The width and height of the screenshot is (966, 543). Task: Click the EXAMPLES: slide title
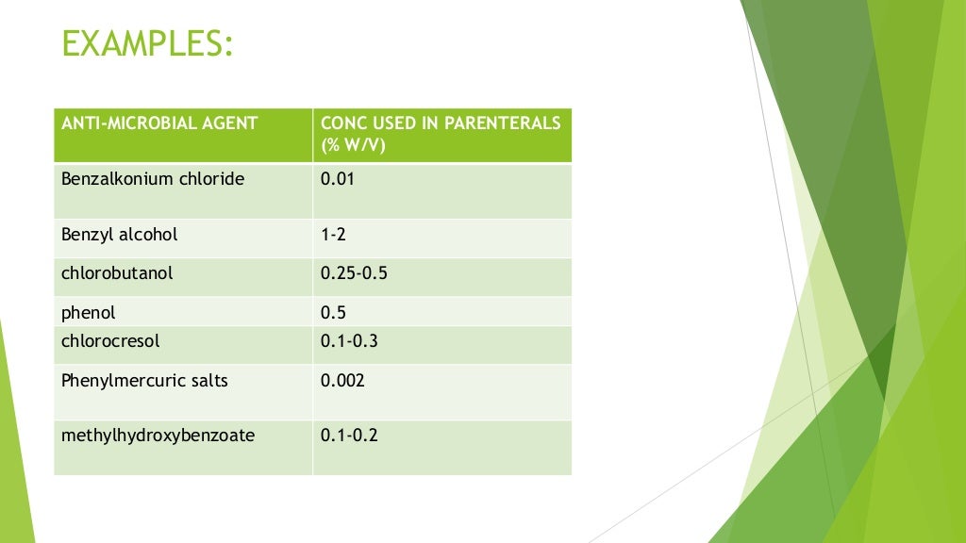click(x=147, y=43)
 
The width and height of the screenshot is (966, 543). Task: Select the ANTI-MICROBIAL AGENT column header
click(x=159, y=123)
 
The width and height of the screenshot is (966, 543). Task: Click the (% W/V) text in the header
click(x=353, y=145)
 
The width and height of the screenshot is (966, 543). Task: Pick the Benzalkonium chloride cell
click(x=153, y=179)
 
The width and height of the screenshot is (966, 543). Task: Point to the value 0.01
click(x=337, y=179)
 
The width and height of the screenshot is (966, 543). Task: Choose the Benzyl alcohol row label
click(x=120, y=235)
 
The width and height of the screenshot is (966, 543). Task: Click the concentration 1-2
click(x=333, y=235)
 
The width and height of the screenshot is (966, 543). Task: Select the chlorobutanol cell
click(x=117, y=274)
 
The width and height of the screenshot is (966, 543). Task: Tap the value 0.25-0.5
click(x=354, y=274)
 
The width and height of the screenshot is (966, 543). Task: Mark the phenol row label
click(x=89, y=312)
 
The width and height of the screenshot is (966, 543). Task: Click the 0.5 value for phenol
click(x=332, y=312)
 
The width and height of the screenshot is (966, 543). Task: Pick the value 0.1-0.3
click(x=349, y=341)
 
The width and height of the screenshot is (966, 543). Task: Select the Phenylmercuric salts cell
click(x=144, y=381)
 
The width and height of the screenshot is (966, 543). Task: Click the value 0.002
click(x=342, y=381)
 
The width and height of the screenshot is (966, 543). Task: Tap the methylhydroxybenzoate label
click(x=158, y=436)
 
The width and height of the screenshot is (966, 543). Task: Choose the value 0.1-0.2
click(x=349, y=436)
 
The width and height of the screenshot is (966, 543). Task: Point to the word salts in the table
click(x=208, y=381)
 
